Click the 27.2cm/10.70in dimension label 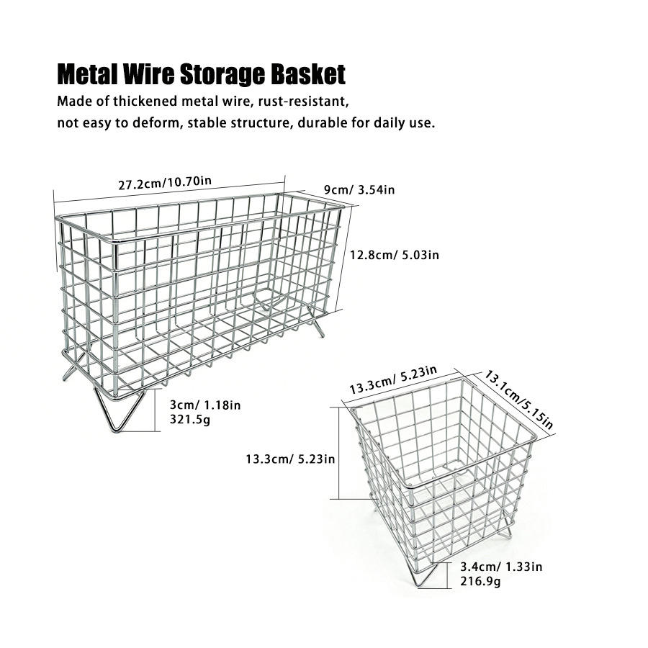pyautogui.click(x=165, y=182)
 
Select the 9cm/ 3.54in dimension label pyautogui.click(x=359, y=189)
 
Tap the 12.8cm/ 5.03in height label pyautogui.click(x=395, y=255)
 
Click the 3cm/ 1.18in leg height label pyautogui.click(x=205, y=405)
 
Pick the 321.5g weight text pyautogui.click(x=190, y=420)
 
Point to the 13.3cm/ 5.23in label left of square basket pyautogui.click(x=290, y=459)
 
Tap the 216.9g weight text pyautogui.click(x=480, y=582)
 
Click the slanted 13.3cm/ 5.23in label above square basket pyautogui.click(x=393, y=379)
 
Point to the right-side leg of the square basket pyautogui.click(x=507, y=529)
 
